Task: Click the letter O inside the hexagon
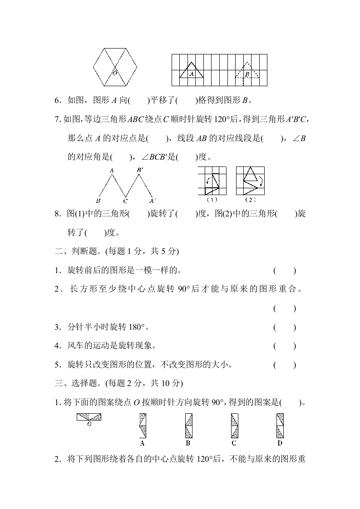(115, 73)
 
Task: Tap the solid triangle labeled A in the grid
(191, 71)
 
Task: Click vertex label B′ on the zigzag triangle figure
(140, 171)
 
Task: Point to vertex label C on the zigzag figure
(125, 201)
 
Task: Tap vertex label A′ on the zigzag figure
(153, 201)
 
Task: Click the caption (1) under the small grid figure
(212, 200)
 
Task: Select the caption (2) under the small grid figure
(250, 200)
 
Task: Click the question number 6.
(58, 100)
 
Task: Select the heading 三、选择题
(78, 383)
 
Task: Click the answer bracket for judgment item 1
(285, 271)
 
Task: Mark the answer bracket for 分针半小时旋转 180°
(285, 327)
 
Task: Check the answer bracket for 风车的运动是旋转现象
(285, 346)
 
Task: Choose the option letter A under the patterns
(143, 443)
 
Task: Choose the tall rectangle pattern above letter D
(280, 425)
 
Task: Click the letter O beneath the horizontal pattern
(89, 424)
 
